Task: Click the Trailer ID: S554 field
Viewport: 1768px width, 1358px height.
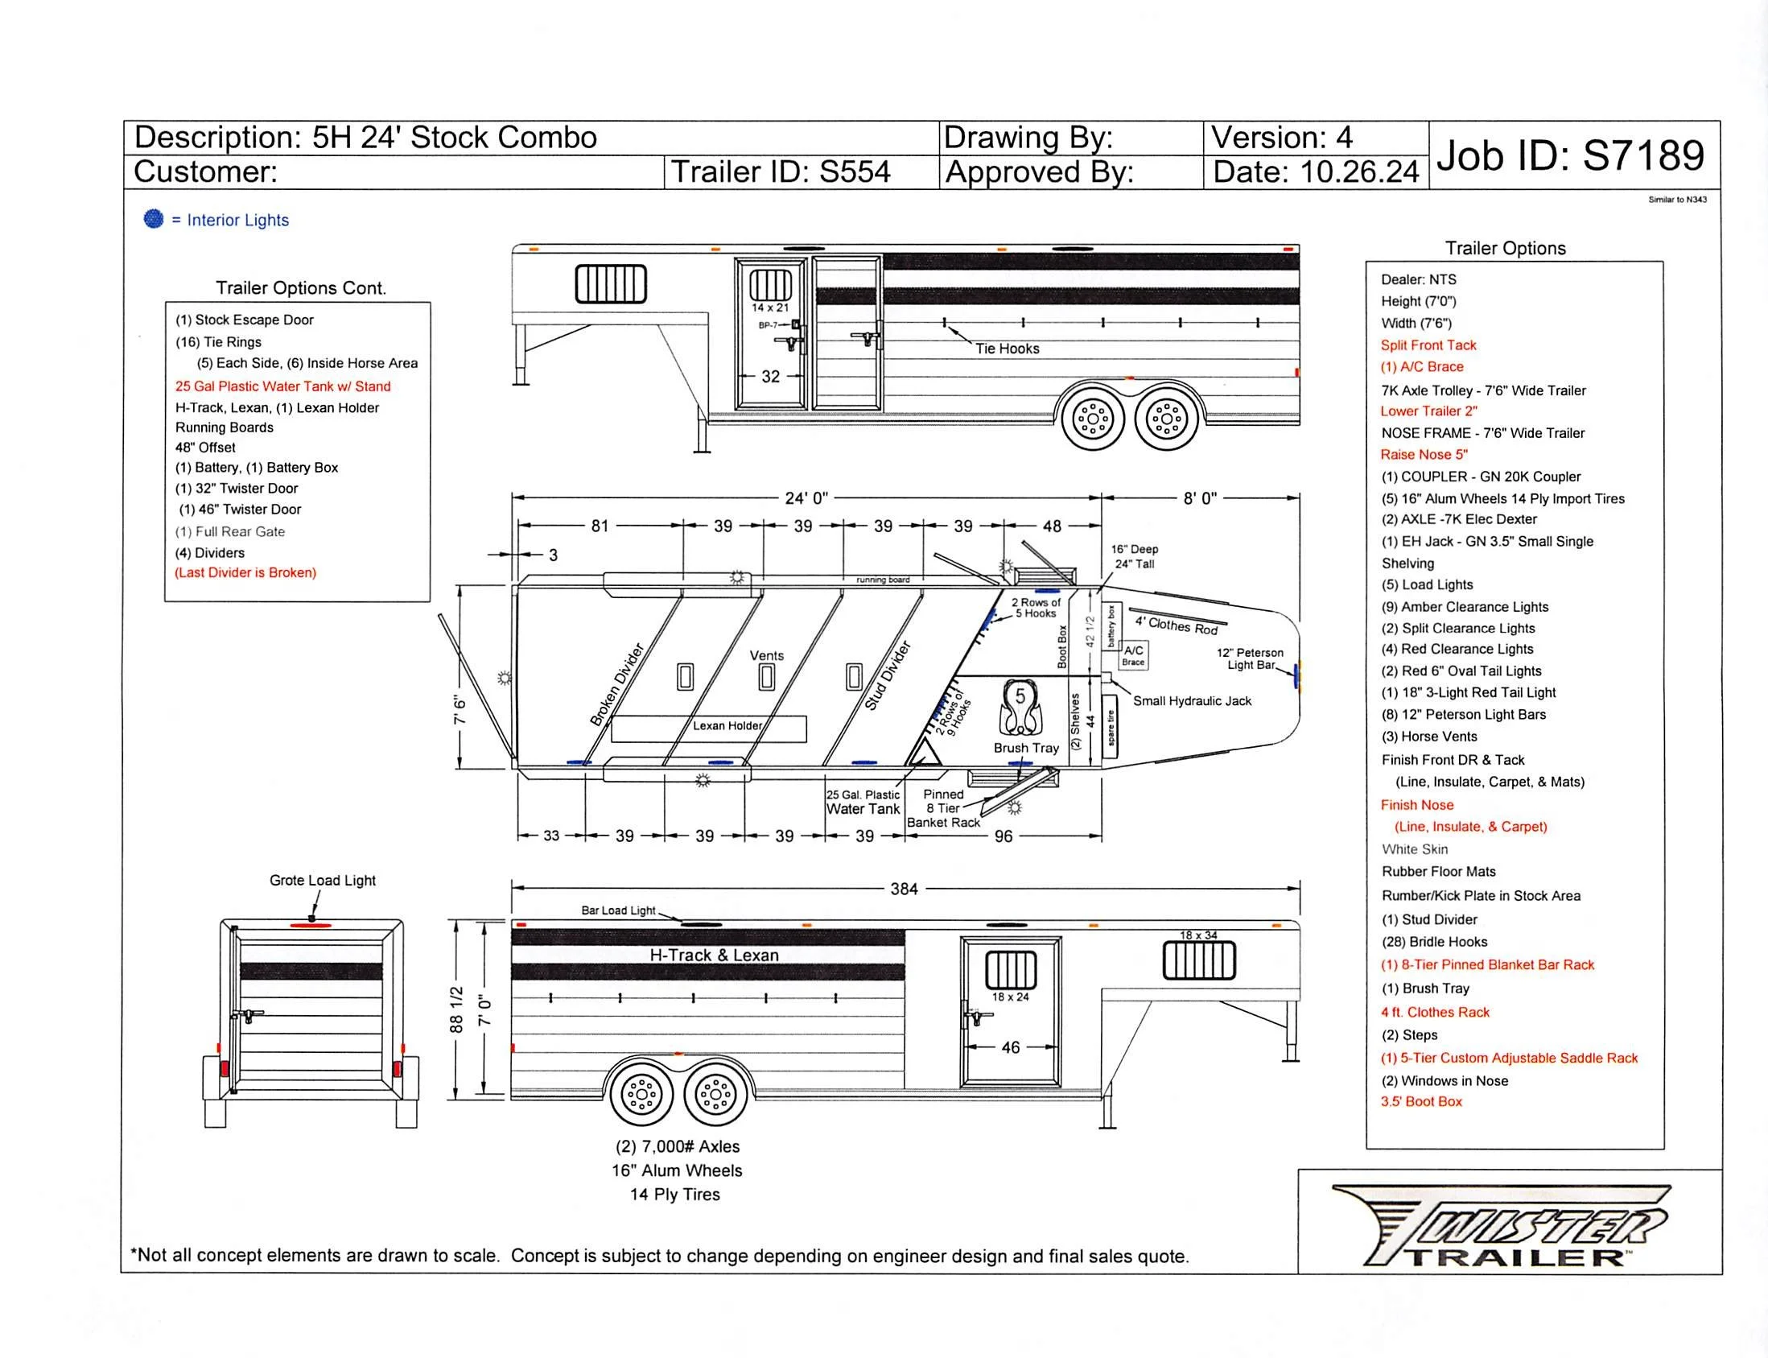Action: (x=780, y=172)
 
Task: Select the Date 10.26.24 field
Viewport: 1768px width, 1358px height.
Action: (x=1315, y=172)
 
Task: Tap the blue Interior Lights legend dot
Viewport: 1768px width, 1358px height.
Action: (x=154, y=219)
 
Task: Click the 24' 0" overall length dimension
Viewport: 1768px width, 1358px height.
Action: (x=806, y=498)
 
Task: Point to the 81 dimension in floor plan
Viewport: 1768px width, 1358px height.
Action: (x=600, y=526)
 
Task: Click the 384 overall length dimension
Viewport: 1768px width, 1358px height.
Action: (x=904, y=890)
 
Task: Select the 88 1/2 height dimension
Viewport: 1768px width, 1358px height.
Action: (x=456, y=1009)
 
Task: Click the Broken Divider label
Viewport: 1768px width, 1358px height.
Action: (x=616, y=685)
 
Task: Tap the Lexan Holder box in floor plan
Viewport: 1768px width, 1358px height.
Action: (x=709, y=728)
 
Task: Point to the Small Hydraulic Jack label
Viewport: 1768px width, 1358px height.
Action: (x=1191, y=701)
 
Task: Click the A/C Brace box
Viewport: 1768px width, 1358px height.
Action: (x=1133, y=654)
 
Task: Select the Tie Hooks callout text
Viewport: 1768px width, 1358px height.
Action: (x=1006, y=349)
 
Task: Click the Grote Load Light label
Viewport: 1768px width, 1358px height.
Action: (x=323, y=881)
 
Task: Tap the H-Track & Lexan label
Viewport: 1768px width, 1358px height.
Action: (x=714, y=955)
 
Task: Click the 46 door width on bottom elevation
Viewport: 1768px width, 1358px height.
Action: (x=1010, y=1047)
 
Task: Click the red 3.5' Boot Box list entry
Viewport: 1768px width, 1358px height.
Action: (x=1420, y=1102)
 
